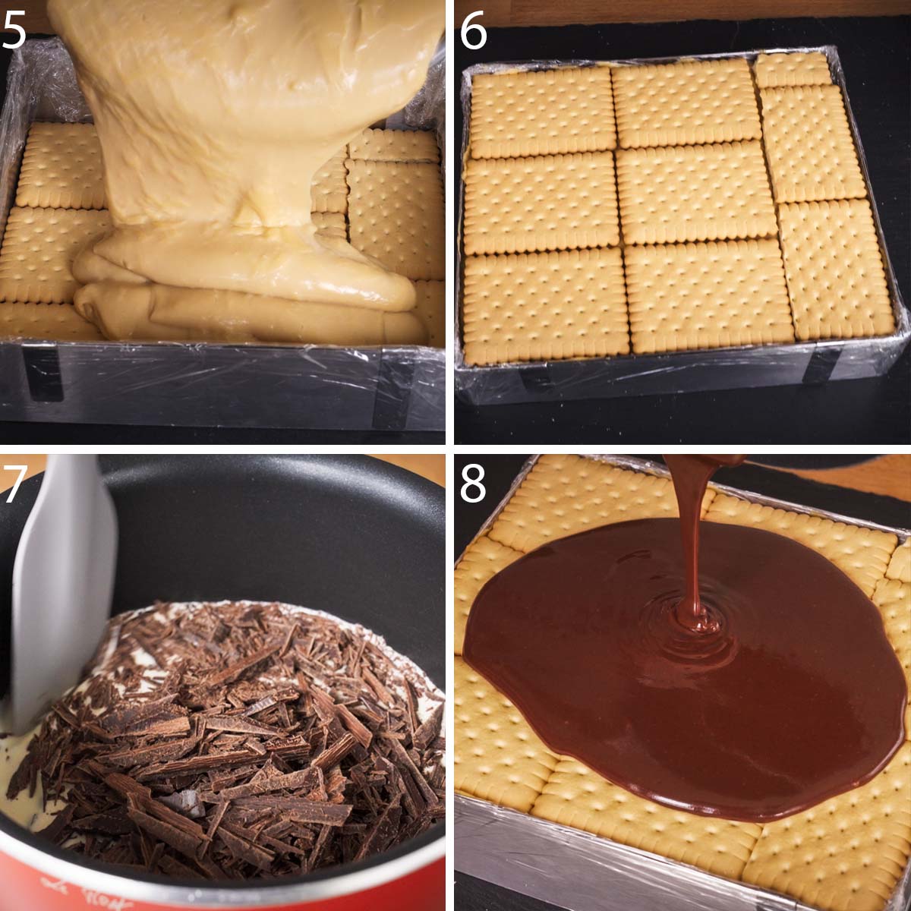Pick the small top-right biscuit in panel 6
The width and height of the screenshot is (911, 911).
[x=793, y=70]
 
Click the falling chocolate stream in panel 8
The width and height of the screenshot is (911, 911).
[x=691, y=531]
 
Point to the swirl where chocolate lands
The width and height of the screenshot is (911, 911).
[x=695, y=619]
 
